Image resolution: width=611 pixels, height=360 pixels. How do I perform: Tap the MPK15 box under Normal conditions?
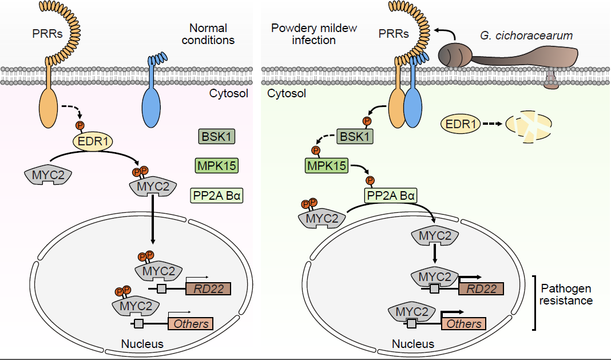tap(216, 165)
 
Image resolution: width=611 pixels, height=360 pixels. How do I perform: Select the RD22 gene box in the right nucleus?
tap(481, 289)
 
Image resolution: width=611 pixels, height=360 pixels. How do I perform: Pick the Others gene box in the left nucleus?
tap(190, 324)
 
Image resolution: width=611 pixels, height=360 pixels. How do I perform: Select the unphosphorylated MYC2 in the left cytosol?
tap(48, 174)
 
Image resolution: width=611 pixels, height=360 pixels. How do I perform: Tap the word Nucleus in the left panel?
tap(142, 344)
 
